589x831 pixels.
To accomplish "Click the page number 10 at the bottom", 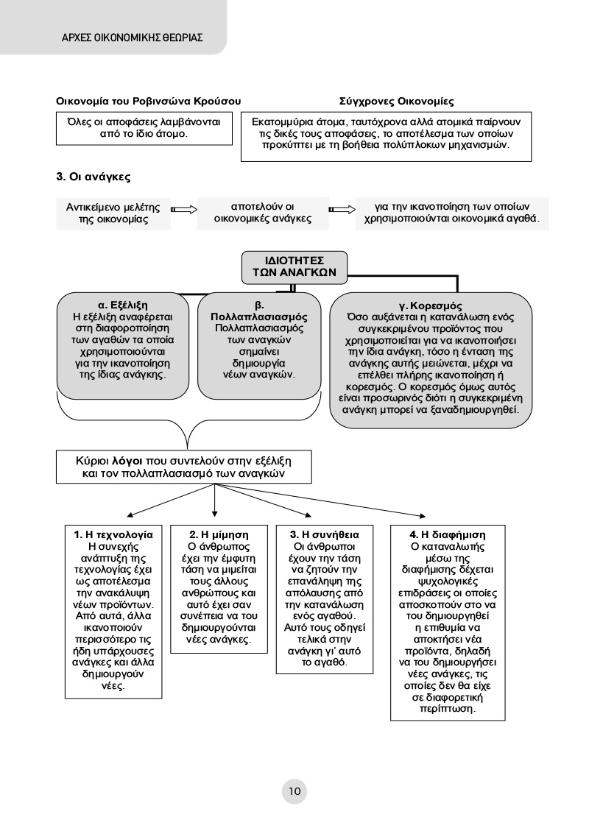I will click(294, 792).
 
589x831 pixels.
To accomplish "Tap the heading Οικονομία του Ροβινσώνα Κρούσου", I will click(149, 100).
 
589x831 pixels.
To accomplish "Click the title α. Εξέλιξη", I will click(124, 304).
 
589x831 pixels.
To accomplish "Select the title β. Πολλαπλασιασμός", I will click(259, 311).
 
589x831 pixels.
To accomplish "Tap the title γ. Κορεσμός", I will click(431, 304).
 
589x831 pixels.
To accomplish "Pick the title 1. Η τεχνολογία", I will click(113, 534).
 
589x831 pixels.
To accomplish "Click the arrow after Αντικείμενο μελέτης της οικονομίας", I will click(184, 210).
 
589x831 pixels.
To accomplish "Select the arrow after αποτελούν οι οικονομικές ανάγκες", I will click(340, 210).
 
